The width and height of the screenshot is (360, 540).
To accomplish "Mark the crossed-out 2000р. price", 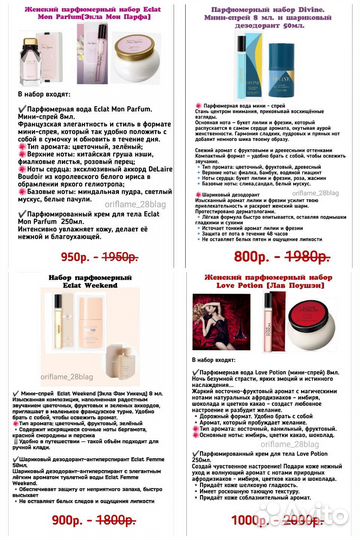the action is (305, 520).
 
